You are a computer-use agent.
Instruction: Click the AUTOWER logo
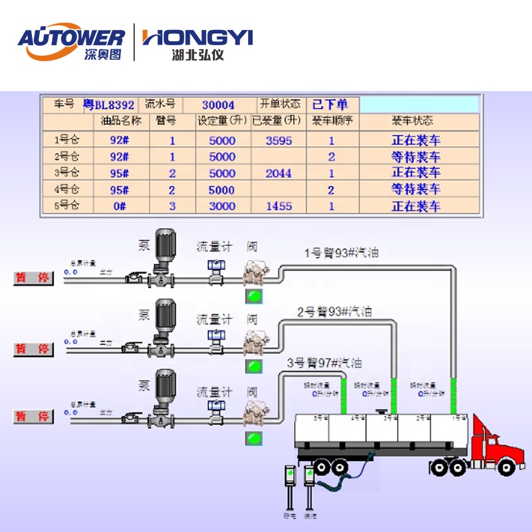pos(70,43)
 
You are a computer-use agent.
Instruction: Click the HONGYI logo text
pos(198,38)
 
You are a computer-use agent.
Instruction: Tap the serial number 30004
pos(218,105)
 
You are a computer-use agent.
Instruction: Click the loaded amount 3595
pos(279,140)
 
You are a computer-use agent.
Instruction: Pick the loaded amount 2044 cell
pos(279,173)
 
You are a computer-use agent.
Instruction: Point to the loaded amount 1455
pos(279,206)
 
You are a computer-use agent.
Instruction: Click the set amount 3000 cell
pos(222,206)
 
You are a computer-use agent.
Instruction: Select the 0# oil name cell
pos(120,206)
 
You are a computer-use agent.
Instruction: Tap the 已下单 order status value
pos(330,104)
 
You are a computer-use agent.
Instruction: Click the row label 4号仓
pos(66,190)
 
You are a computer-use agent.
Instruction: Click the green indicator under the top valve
pos(253,295)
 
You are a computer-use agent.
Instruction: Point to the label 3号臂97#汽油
pos(325,363)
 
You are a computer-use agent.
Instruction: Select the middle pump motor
pos(164,317)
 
